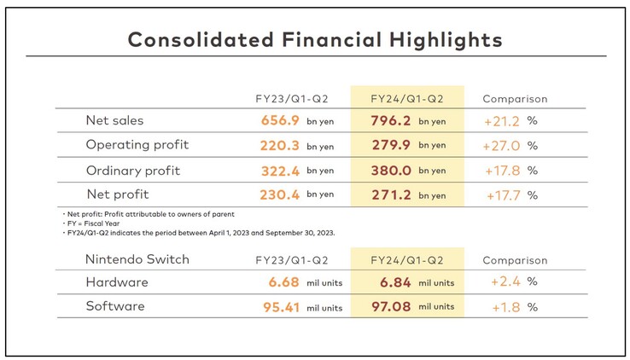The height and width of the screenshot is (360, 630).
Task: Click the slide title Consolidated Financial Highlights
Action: (314, 39)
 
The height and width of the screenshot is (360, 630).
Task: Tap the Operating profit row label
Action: (137, 145)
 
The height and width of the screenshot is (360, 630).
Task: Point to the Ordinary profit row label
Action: (133, 170)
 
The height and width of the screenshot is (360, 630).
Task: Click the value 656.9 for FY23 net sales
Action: (280, 121)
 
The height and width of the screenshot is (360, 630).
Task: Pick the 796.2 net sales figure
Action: (391, 121)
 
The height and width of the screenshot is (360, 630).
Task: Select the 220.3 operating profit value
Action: (280, 146)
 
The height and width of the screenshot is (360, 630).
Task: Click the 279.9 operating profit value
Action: (391, 146)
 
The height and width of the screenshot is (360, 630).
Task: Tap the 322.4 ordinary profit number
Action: (280, 171)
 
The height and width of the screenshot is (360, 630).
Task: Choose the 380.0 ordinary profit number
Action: (391, 171)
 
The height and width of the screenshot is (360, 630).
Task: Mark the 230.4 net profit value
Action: (280, 195)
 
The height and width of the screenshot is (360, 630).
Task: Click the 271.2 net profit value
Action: (391, 195)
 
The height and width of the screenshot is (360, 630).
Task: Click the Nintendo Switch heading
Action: (137, 258)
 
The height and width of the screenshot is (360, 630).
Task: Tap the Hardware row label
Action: (117, 282)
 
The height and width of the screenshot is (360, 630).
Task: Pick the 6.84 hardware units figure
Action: (394, 282)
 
